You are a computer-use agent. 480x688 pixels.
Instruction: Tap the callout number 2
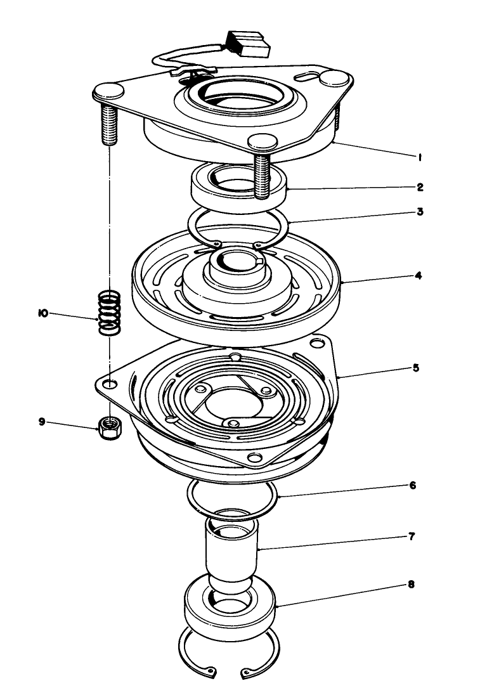coord(420,188)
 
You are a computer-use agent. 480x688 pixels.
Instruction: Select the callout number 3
coord(420,212)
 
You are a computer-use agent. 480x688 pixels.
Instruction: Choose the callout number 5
coord(416,368)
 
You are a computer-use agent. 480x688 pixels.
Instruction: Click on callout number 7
coord(412,536)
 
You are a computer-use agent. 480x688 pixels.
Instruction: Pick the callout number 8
coord(411,585)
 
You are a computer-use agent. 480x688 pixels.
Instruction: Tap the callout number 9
coord(42,421)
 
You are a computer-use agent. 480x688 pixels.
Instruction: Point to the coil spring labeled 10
coord(110,312)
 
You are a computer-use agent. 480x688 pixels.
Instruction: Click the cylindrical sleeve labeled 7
coord(233,545)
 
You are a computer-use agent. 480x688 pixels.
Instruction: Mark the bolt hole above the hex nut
coord(110,385)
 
